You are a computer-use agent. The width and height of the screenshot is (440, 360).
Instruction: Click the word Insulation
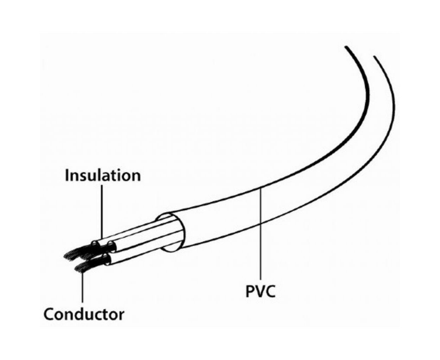pyautogui.click(x=103, y=176)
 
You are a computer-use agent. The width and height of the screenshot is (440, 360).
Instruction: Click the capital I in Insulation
pyautogui.click(x=67, y=176)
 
